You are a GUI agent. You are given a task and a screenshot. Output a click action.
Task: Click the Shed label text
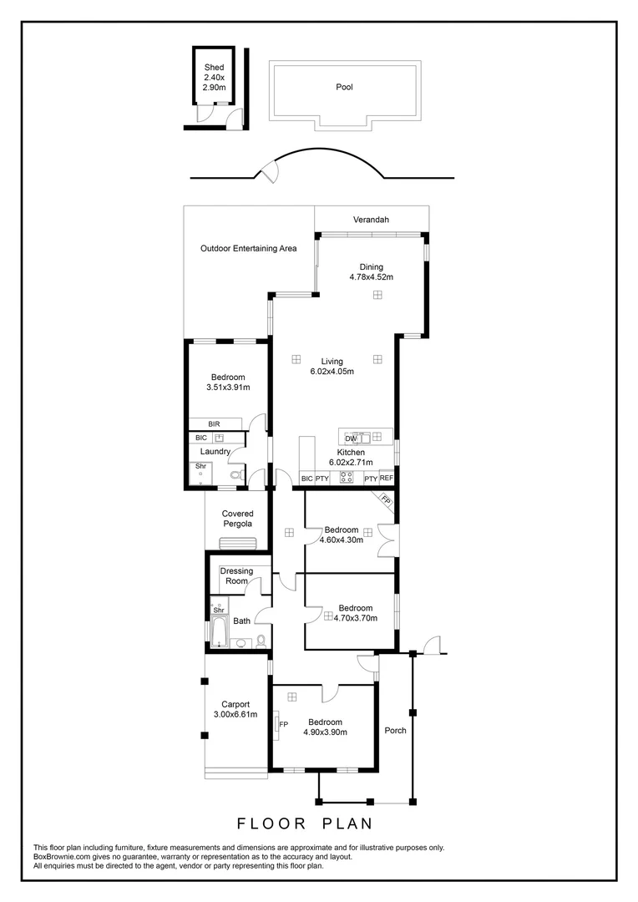click(215, 68)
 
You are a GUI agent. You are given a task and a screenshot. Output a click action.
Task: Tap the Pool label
click(344, 86)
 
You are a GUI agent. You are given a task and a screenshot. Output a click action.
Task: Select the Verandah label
click(371, 220)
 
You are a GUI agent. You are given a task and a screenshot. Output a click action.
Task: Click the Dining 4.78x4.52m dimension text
click(371, 277)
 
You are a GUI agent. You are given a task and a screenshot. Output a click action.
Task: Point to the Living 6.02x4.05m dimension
click(332, 372)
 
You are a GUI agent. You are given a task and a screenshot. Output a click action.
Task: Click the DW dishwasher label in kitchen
click(351, 438)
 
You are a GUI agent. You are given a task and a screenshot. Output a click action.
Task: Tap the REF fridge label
click(386, 479)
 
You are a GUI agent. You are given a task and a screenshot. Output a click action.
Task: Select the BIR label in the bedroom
click(215, 424)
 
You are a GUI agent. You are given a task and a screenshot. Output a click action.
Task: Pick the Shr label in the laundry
click(200, 466)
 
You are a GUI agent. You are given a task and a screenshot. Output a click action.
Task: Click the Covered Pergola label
click(237, 519)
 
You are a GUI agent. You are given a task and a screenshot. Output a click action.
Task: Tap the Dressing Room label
click(236, 576)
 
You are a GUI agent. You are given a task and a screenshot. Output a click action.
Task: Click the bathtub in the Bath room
click(220, 632)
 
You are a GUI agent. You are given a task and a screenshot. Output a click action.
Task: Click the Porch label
click(395, 731)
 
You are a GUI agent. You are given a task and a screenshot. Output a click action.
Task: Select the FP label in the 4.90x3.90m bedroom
click(283, 724)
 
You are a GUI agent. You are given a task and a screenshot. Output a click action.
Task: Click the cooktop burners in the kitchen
click(347, 479)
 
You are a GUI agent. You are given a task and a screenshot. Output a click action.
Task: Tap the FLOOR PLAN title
click(304, 823)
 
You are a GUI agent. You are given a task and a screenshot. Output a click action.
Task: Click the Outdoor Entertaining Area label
click(248, 248)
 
